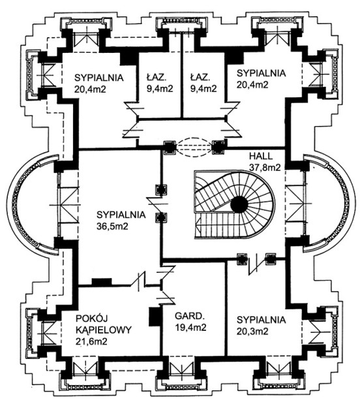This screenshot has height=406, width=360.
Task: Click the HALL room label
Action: [261, 156]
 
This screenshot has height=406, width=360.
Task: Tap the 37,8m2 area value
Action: [265, 168]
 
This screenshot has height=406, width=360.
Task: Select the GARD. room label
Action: [188, 316]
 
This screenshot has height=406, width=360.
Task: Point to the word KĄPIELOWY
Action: [104, 330]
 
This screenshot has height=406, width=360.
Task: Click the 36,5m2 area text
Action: [112, 226]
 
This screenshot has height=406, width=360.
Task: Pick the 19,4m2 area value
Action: [190, 328]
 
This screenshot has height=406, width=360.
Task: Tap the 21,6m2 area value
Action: [91, 341]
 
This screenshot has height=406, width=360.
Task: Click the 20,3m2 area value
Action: [252, 331]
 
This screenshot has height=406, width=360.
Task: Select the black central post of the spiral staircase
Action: [239, 204]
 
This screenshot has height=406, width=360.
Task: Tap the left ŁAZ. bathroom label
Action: [157, 77]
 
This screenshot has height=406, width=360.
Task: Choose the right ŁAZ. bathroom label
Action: [200, 77]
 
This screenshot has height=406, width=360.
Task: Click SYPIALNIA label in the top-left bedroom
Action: [98, 78]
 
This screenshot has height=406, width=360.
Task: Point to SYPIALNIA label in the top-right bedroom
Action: [262, 73]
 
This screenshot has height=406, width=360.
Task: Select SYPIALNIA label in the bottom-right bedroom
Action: [262, 320]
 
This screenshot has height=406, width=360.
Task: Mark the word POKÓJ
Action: [89, 318]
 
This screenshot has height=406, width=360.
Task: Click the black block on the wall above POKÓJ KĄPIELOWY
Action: [102, 282]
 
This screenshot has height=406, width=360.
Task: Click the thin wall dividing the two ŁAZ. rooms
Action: [182, 76]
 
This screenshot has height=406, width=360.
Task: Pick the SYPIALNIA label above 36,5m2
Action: [121, 215]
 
